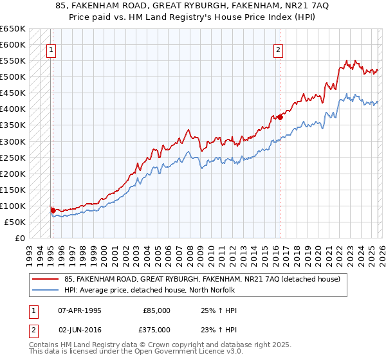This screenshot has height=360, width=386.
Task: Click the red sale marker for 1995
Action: pyautogui.click(x=53, y=210)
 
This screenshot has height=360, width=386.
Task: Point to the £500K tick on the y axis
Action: pyautogui.click(x=13, y=77)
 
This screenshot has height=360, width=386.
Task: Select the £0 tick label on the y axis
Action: pyautogui.click(x=19, y=238)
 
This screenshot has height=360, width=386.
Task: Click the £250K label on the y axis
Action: pyautogui.click(x=13, y=157)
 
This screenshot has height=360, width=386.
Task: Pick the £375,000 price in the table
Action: pyautogui.click(x=157, y=329)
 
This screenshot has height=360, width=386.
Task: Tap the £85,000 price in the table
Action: pyautogui.click(x=157, y=310)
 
